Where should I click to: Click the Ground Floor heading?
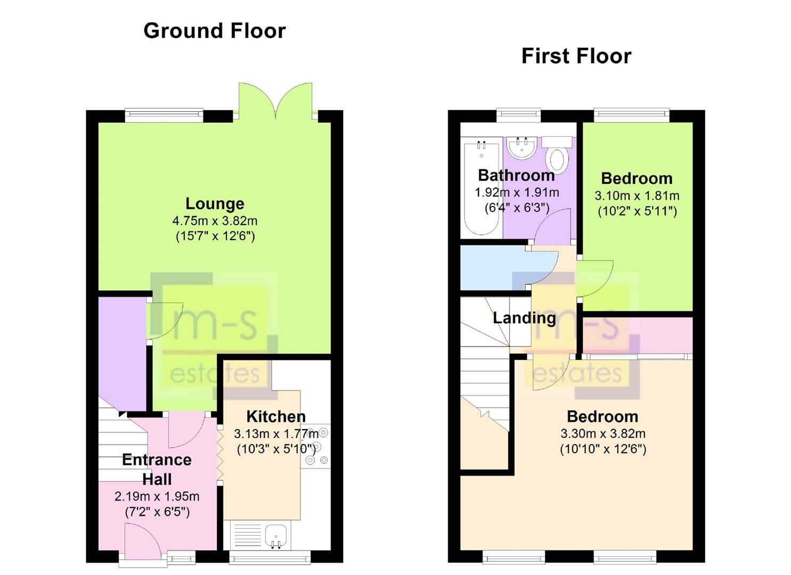tap(214, 31)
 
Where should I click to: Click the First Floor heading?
tap(576, 56)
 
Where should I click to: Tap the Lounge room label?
tap(215, 204)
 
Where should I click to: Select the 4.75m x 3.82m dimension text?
tap(215, 221)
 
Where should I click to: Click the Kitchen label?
tap(276, 416)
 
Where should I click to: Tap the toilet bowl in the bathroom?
tap(557, 160)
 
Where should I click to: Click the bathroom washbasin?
tap(522, 147)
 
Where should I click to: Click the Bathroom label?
tap(516, 176)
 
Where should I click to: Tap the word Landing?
tap(524, 318)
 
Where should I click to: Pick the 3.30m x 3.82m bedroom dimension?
tap(603, 433)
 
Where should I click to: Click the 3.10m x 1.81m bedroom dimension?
tap(637, 195)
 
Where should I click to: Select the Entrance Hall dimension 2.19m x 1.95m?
tap(157, 496)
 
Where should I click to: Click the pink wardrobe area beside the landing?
tap(637, 335)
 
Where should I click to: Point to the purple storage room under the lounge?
tap(122, 354)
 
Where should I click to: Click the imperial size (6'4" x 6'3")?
tap(517, 208)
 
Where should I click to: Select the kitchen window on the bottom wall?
tap(270, 557)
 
